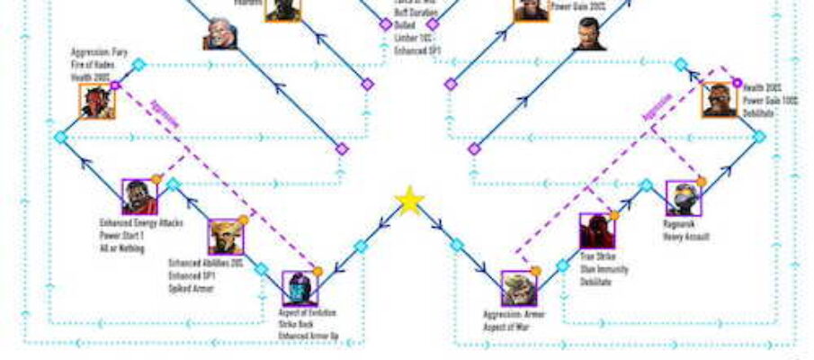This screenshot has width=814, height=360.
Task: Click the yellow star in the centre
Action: coord(409,201)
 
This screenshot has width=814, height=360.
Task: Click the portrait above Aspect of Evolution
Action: coord(300,288)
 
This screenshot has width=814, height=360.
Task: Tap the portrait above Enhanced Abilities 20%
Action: coord(226,237)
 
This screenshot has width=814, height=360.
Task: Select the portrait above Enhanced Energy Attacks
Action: coord(139,197)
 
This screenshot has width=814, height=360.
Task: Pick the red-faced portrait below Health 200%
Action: coord(97,102)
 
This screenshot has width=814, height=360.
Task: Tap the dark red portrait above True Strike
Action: coord(596,231)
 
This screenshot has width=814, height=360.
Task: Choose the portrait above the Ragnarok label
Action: coord(683,198)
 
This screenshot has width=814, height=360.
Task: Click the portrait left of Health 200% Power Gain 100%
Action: coord(719,100)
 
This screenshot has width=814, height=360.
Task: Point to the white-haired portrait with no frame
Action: coord(221,33)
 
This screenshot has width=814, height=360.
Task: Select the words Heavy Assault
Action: coord(686,237)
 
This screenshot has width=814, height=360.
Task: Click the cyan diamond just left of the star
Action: coord(361,246)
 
